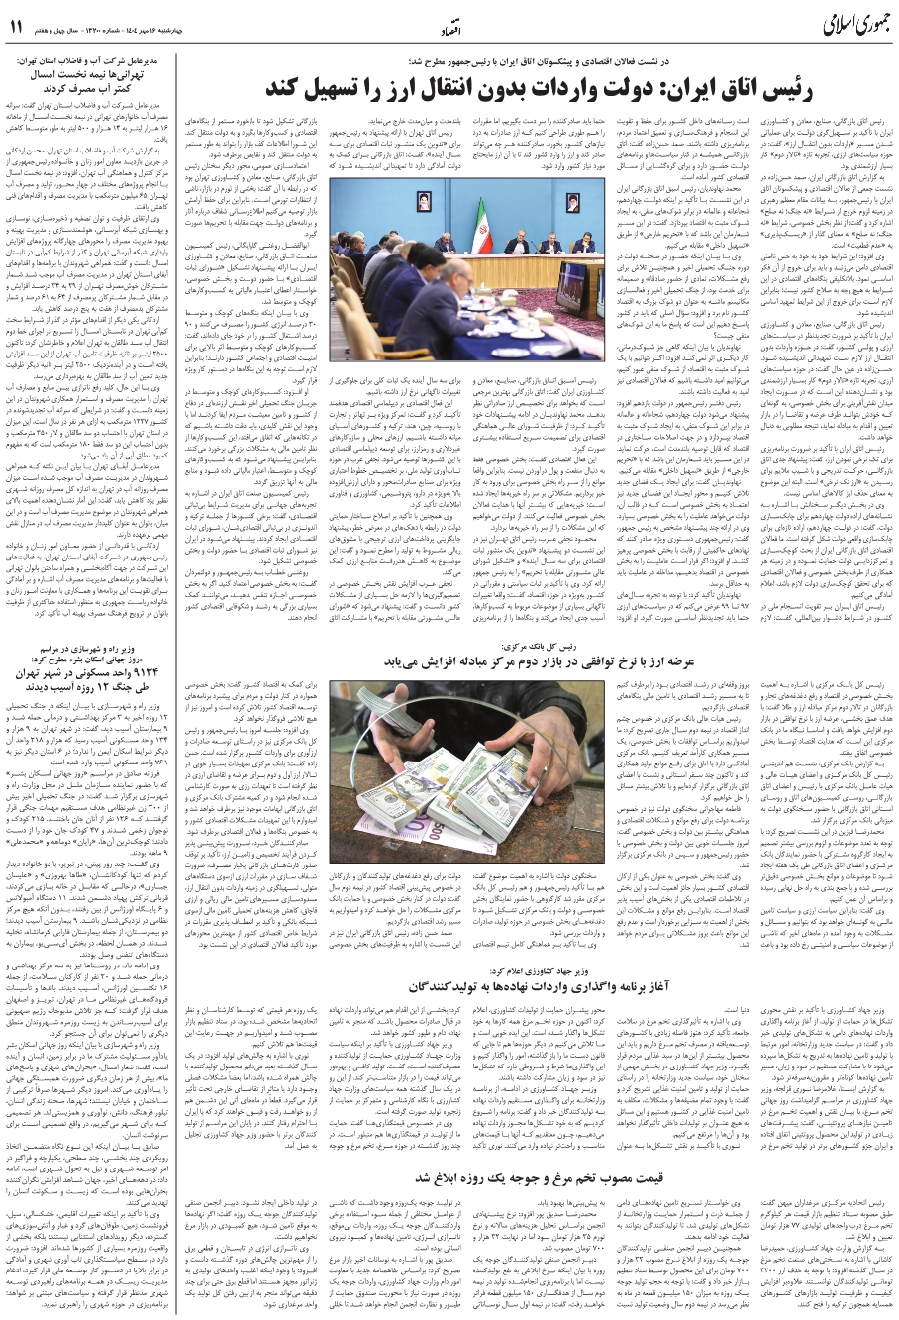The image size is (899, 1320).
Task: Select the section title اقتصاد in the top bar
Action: [x=448, y=30]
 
